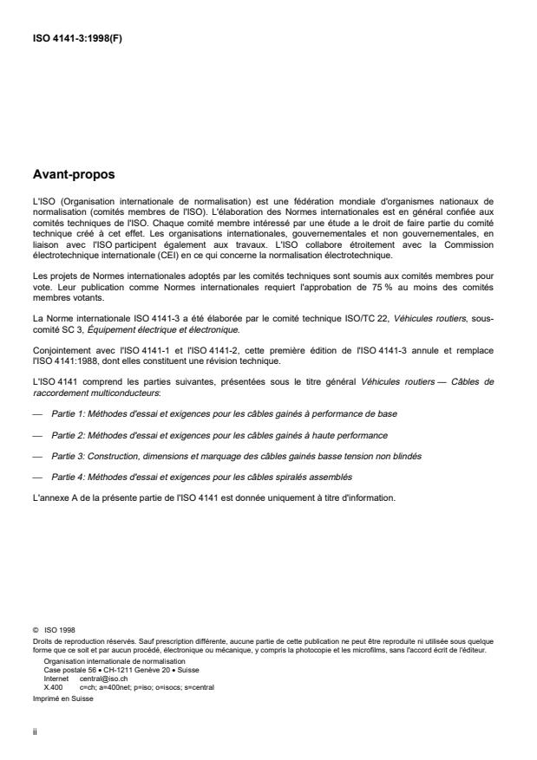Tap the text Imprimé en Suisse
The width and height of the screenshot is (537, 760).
[58, 695]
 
